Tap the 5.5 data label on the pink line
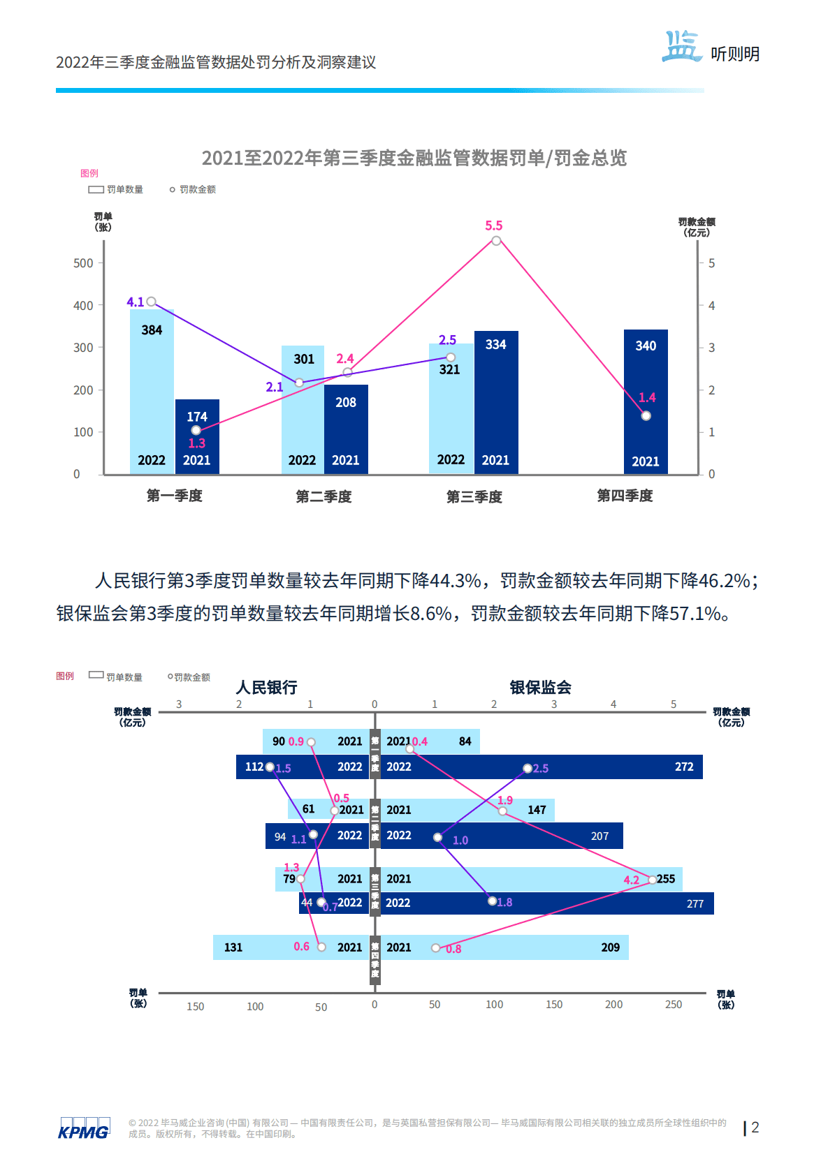click(x=493, y=226)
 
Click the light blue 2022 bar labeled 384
click(x=152, y=391)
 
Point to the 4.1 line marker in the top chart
click(x=151, y=302)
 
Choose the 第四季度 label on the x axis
click(x=625, y=496)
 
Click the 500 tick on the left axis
click(x=83, y=263)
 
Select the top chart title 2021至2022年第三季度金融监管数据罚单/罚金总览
click(x=414, y=158)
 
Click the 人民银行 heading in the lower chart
click(x=267, y=688)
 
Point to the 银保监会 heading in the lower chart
click(x=540, y=688)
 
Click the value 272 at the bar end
click(x=684, y=767)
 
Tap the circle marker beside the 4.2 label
click(x=652, y=879)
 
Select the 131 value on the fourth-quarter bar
click(x=233, y=947)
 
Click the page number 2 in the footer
click(x=755, y=1128)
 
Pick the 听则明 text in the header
click(x=735, y=54)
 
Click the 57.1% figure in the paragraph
click(x=695, y=614)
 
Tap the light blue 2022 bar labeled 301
click(x=303, y=412)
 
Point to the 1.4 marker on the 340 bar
click(x=646, y=416)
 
